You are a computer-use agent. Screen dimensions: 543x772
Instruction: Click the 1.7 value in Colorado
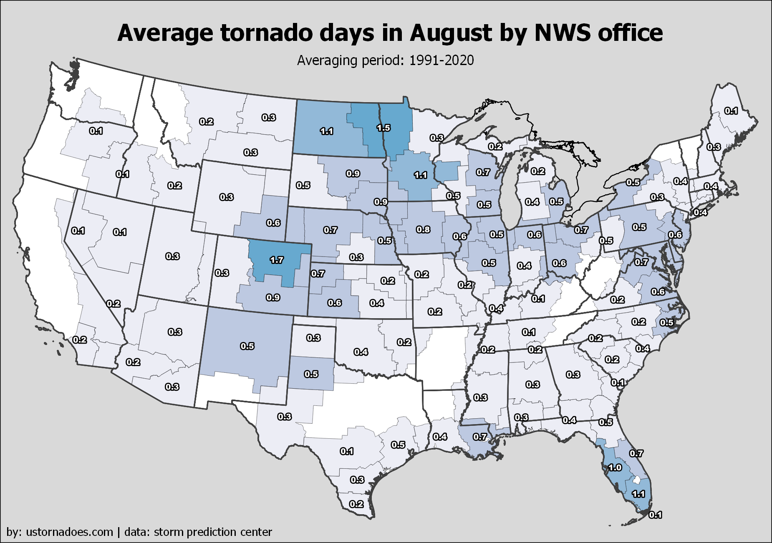point(277,260)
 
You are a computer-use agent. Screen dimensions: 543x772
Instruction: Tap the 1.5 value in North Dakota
point(383,128)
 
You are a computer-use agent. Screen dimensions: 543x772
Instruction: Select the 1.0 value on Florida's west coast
point(615,468)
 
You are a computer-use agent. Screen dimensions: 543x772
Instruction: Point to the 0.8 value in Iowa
point(423,229)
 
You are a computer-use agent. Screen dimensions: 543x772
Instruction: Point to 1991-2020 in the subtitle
point(442,60)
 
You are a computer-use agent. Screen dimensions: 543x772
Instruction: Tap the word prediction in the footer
point(207,532)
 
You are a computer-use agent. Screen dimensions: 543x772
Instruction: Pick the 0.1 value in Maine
point(731,111)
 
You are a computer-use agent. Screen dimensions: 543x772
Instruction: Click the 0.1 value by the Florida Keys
point(655,515)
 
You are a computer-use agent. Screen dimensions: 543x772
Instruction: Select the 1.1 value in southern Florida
point(638,494)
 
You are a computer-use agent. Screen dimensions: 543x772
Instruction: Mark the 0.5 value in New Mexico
point(247,346)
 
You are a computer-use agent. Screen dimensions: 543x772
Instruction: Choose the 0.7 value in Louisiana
point(480,437)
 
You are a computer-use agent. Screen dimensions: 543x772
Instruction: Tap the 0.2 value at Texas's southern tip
point(356,504)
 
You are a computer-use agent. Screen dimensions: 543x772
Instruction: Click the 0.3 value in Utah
point(172,256)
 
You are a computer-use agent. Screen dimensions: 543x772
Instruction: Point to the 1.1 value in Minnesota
point(421,175)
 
